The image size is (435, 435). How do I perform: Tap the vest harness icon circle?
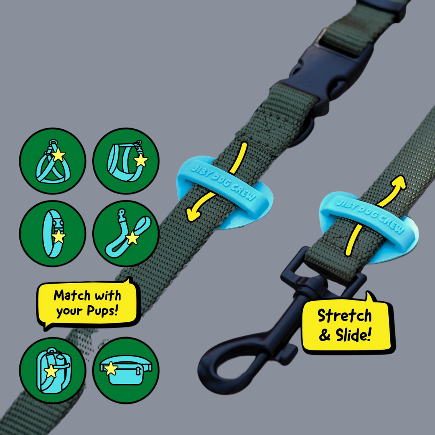[x=126, y=161]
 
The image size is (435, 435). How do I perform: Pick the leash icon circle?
[x=126, y=234]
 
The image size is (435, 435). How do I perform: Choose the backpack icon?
[x=52, y=371]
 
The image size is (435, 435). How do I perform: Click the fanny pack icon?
[x=126, y=371]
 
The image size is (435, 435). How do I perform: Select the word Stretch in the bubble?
[x=344, y=316]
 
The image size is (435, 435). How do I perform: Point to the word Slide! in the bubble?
[x=353, y=335]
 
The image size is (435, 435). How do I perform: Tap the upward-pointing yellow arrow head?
[x=399, y=183]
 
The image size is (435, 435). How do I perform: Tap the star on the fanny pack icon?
[x=111, y=368]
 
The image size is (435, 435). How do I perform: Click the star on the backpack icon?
[x=51, y=371]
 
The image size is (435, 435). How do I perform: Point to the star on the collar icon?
[x=58, y=237]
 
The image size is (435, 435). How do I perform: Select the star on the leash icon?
[x=133, y=238]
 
